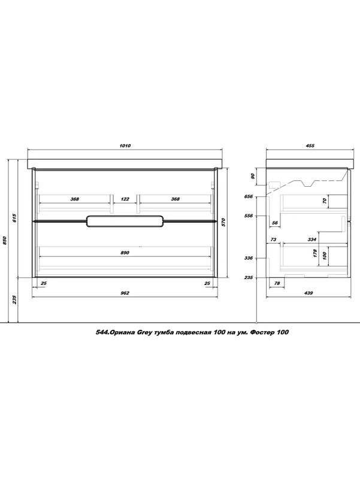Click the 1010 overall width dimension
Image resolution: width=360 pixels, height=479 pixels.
125,145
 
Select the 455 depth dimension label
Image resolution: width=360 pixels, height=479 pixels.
310,145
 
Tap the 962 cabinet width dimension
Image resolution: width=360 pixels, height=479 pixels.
125,293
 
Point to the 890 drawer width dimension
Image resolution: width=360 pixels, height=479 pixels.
125,253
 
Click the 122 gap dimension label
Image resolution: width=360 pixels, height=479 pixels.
125,199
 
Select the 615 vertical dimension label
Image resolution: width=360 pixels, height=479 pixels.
14,218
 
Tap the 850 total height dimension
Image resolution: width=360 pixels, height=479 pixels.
5,241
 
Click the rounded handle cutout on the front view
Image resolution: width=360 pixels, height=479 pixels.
125,222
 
